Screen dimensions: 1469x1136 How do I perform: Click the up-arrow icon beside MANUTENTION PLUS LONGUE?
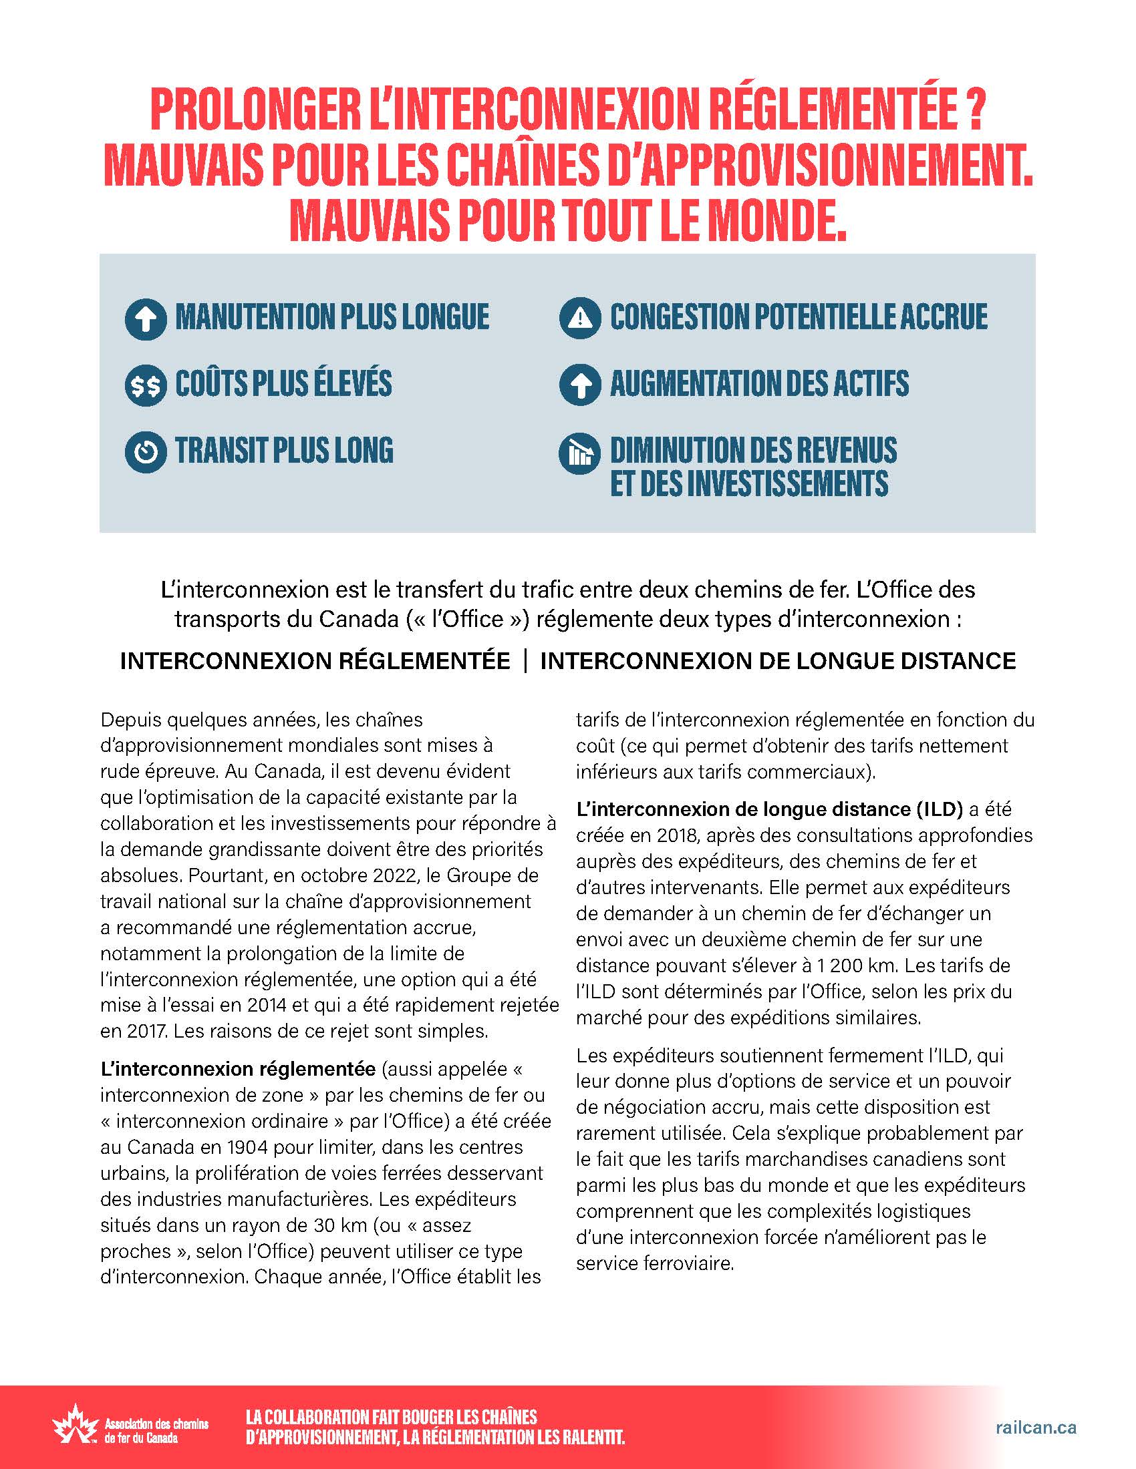point(146,319)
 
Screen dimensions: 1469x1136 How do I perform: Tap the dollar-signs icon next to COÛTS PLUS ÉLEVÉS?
point(146,385)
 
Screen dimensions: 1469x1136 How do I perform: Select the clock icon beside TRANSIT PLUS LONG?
point(146,451)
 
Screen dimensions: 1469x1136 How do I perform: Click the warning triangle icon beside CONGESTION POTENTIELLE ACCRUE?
point(579,317)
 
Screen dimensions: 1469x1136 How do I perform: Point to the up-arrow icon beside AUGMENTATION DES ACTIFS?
point(579,385)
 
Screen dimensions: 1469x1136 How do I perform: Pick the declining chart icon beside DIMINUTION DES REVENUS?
point(579,453)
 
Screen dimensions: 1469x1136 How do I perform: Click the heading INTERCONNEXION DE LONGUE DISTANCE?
point(777,660)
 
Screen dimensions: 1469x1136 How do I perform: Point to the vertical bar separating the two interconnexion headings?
point(525,660)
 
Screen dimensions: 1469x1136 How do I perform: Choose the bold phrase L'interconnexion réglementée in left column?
point(238,1069)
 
